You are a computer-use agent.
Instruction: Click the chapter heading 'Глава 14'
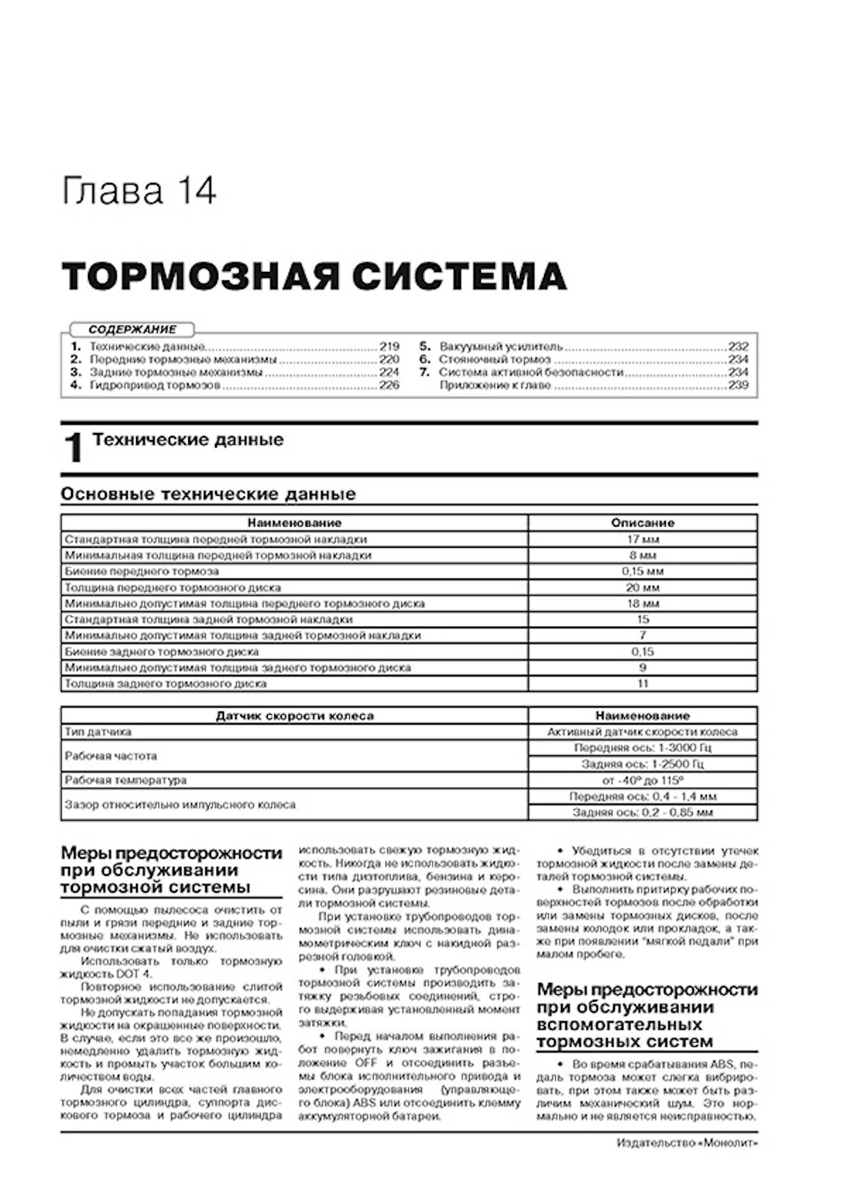[138, 192]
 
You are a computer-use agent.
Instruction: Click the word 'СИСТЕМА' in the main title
[459, 277]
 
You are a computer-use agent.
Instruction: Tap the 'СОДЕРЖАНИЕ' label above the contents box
[132, 330]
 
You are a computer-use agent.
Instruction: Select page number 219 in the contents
[389, 347]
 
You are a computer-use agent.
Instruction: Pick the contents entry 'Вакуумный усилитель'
[500, 347]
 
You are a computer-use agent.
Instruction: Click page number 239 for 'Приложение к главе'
[738, 385]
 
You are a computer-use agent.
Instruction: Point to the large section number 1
[74, 449]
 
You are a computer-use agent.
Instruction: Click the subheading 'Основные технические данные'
[208, 494]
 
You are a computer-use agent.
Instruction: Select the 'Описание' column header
[642, 523]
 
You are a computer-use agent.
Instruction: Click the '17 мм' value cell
[642, 539]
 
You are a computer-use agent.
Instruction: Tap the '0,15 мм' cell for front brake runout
[642, 571]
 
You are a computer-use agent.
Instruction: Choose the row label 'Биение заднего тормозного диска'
[162, 652]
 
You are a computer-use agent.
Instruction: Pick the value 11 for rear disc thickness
[642, 683]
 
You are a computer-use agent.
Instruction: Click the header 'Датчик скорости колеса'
[294, 716]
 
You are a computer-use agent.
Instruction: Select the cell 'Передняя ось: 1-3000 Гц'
[642, 748]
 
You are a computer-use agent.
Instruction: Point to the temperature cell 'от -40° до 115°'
[642, 780]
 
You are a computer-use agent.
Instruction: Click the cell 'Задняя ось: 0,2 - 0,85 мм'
[642, 813]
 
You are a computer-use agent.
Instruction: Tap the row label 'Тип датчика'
[98, 732]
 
